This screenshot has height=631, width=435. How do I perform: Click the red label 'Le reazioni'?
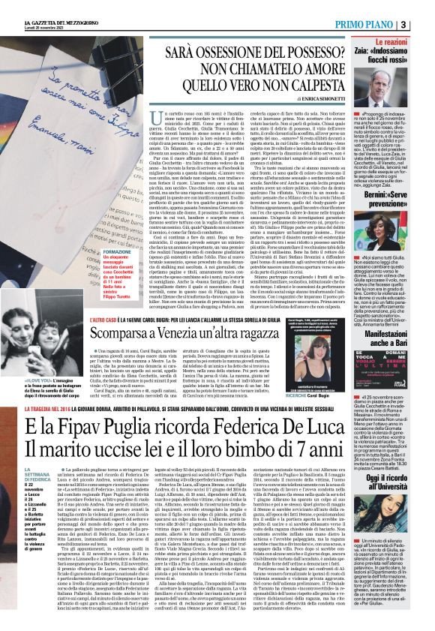pyautogui.click(x=408, y=47)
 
